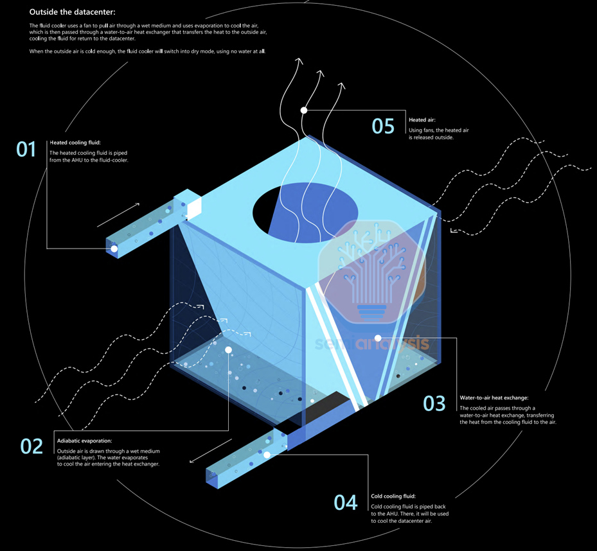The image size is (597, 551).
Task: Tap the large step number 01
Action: [26, 150]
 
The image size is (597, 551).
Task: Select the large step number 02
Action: [31, 446]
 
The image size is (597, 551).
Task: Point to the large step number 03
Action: [434, 403]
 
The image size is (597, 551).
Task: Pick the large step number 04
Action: [346, 502]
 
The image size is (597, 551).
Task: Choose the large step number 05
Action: [383, 126]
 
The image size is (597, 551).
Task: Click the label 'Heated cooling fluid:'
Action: [75, 143]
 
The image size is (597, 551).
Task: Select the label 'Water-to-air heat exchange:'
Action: [494, 398]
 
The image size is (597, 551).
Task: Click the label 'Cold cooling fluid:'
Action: [393, 496]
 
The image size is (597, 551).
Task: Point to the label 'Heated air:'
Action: [422, 119]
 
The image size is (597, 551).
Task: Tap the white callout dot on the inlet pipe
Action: [114, 249]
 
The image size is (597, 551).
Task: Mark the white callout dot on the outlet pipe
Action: [267, 455]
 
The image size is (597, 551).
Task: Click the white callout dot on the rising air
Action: [304, 110]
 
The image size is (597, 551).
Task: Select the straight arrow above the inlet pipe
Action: [119, 214]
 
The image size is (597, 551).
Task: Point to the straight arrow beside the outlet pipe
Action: [211, 451]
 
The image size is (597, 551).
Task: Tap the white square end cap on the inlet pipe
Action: [193, 206]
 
